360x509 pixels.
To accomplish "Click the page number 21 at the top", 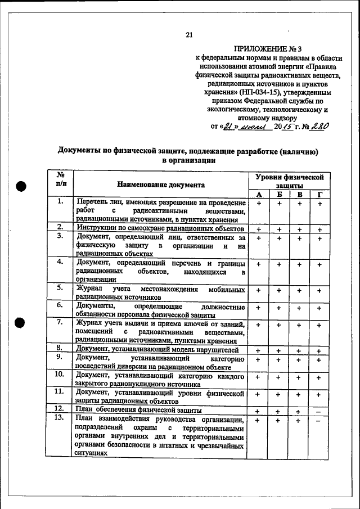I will coord(189,35).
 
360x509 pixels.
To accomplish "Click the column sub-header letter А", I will coord(259,194).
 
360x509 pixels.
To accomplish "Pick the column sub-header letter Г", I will coord(319,194).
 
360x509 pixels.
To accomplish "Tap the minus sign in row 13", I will coord(319,421).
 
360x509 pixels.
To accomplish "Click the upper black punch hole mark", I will coord(21,187).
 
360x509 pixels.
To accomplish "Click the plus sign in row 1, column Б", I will coord(280,204).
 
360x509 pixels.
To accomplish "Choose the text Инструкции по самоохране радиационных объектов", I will coord(160,229).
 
